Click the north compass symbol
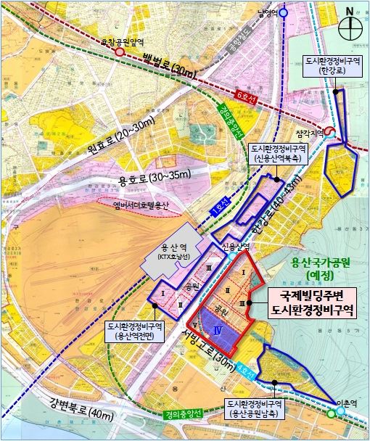[351, 28]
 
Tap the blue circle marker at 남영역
[284, 12]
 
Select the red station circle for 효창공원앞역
[118, 53]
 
